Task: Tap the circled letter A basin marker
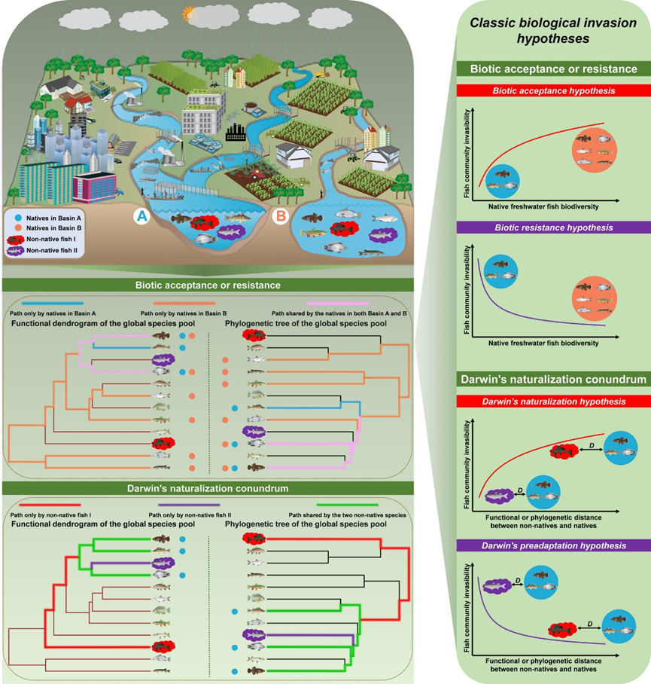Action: (x=141, y=217)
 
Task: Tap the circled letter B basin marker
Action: (x=279, y=217)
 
